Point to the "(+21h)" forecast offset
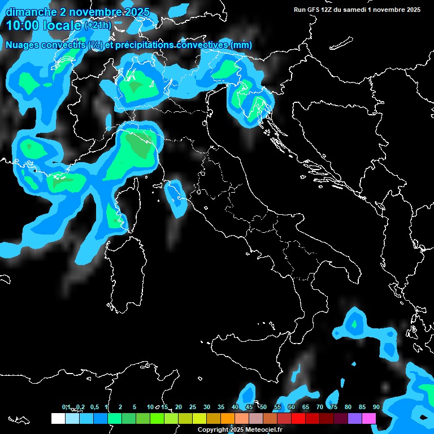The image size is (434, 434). pos(97,25)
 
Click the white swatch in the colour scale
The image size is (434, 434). pos(58,419)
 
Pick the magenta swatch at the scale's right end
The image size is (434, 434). pos(369,419)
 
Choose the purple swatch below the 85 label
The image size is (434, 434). pos(355,419)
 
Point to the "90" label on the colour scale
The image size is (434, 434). pos(376,407)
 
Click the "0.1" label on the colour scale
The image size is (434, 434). pos(66,407)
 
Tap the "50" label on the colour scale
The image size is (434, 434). pos(263,407)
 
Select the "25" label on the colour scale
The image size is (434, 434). pos(193,407)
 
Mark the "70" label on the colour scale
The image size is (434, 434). pos(320,407)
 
